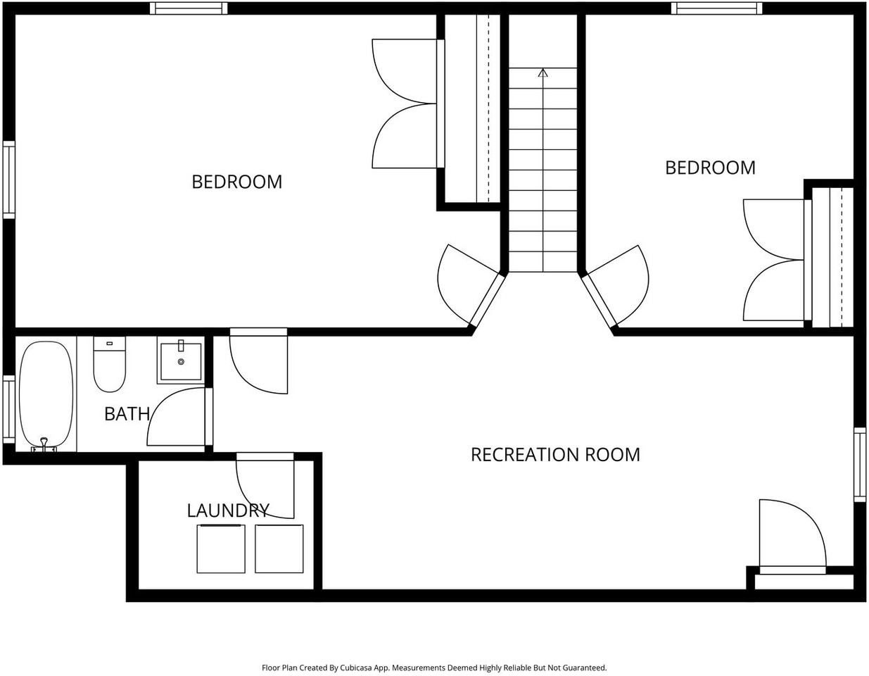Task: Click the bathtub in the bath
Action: tap(46, 394)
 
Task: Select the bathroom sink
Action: tap(181, 361)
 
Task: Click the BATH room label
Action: tap(127, 414)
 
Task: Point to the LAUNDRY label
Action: tap(227, 511)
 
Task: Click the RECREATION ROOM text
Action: tap(555, 455)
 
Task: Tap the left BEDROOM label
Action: tap(236, 182)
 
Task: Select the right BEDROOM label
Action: tap(710, 168)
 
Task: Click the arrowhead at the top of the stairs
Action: tap(543, 72)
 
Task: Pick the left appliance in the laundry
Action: tap(221, 549)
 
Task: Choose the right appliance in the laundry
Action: tap(279, 549)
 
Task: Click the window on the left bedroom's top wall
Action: tap(189, 8)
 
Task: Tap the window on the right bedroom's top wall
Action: tap(716, 8)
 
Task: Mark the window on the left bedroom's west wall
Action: tap(8, 180)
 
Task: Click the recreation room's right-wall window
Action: tap(860, 465)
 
